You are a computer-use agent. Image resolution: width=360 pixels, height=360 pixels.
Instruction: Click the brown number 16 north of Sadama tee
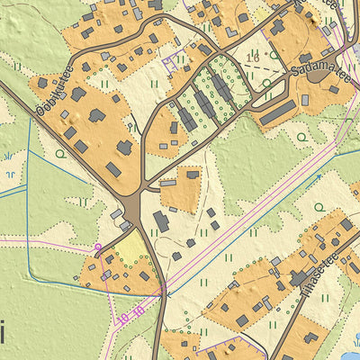coord(253,57)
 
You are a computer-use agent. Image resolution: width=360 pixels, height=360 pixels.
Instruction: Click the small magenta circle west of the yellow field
coord(97,246)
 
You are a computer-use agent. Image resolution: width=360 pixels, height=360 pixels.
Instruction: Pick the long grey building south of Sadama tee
coord(278,112)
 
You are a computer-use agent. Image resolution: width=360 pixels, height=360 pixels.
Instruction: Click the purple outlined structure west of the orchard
coord(169,61)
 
